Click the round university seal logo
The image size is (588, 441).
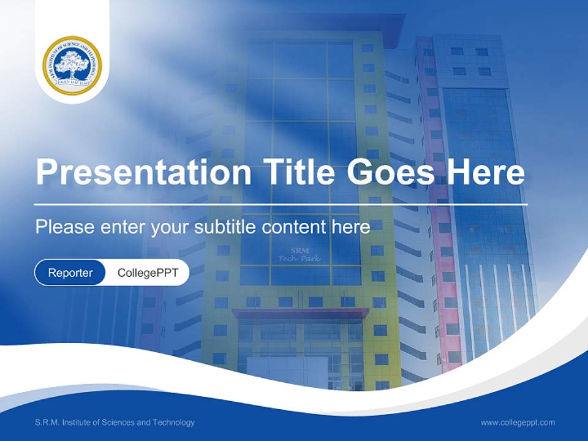point(72,65)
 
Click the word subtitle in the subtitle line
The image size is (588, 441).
point(226,227)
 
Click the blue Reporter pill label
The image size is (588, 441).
point(70,273)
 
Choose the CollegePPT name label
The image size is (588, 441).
point(148,273)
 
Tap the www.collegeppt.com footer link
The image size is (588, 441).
point(518,422)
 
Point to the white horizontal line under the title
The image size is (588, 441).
point(281,204)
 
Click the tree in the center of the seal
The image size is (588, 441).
point(72,63)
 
